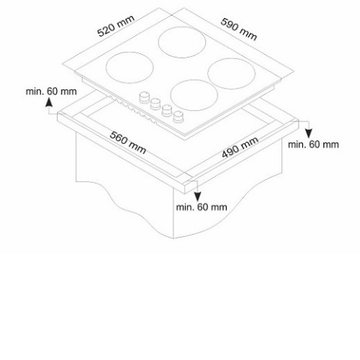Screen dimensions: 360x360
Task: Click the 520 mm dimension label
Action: click(x=116, y=26)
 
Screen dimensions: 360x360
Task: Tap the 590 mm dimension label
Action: click(x=239, y=29)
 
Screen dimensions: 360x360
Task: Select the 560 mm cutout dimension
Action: click(x=127, y=143)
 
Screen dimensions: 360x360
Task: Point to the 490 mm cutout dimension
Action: click(x=240, y=147)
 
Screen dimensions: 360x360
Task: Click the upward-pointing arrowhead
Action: click(x=49, y=102)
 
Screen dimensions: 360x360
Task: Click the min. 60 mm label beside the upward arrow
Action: click(x=51, y=91)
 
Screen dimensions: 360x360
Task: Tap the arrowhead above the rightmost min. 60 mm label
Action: click(x=309, y=133)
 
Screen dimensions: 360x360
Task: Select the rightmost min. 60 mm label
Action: click(x=313, y=145)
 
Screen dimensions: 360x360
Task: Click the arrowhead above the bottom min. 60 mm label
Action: click(x=197, y=197)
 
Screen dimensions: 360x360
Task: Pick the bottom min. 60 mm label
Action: click(x=202, y=207)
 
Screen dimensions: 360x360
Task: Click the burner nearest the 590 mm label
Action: click(x=182, y=42)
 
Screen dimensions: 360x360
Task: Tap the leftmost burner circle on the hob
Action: click(x=130, y=68)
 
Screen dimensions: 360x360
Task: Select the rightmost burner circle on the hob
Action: click(x=231, y=73)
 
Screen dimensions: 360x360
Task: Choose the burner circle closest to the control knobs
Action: click(x=194, y=95)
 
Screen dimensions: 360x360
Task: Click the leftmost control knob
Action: click(x=144, y=97)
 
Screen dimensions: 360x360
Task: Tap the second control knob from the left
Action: click(x=156, y=104)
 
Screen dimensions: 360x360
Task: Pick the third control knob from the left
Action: click(x=167, y=110)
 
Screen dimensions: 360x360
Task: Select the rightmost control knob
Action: click(x=178, y=117)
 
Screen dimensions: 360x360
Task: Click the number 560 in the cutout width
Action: click(x=117, y=138)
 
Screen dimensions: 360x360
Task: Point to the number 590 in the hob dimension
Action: click(x=229, y=24)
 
